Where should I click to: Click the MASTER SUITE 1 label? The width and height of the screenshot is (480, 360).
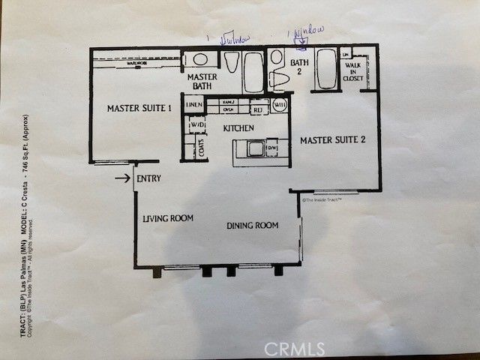click(139, 109)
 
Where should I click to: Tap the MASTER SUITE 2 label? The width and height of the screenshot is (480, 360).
click(332, 140)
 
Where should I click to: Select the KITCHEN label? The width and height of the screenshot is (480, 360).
click(241, 128)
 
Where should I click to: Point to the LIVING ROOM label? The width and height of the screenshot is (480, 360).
click(168, 219)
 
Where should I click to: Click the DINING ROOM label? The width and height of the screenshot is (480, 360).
click(253, 225)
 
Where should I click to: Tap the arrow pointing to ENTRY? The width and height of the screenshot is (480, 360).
click(122, 178)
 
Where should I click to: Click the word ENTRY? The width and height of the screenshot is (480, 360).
click(149, 178)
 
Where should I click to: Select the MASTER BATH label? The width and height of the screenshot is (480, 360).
click(202, 82)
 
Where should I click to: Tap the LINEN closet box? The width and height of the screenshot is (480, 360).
click(193, 105)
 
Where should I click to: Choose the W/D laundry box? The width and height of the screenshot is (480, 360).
click(197, 124)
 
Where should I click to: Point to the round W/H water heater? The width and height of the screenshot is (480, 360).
click(280, 105)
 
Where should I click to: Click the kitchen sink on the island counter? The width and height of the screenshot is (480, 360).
click(256, 148)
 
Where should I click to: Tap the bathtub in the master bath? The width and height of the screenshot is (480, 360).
click(253, 72)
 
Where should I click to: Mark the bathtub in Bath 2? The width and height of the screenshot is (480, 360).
click(326, 70)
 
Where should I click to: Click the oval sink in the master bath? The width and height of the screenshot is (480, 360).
click(200, 60)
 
